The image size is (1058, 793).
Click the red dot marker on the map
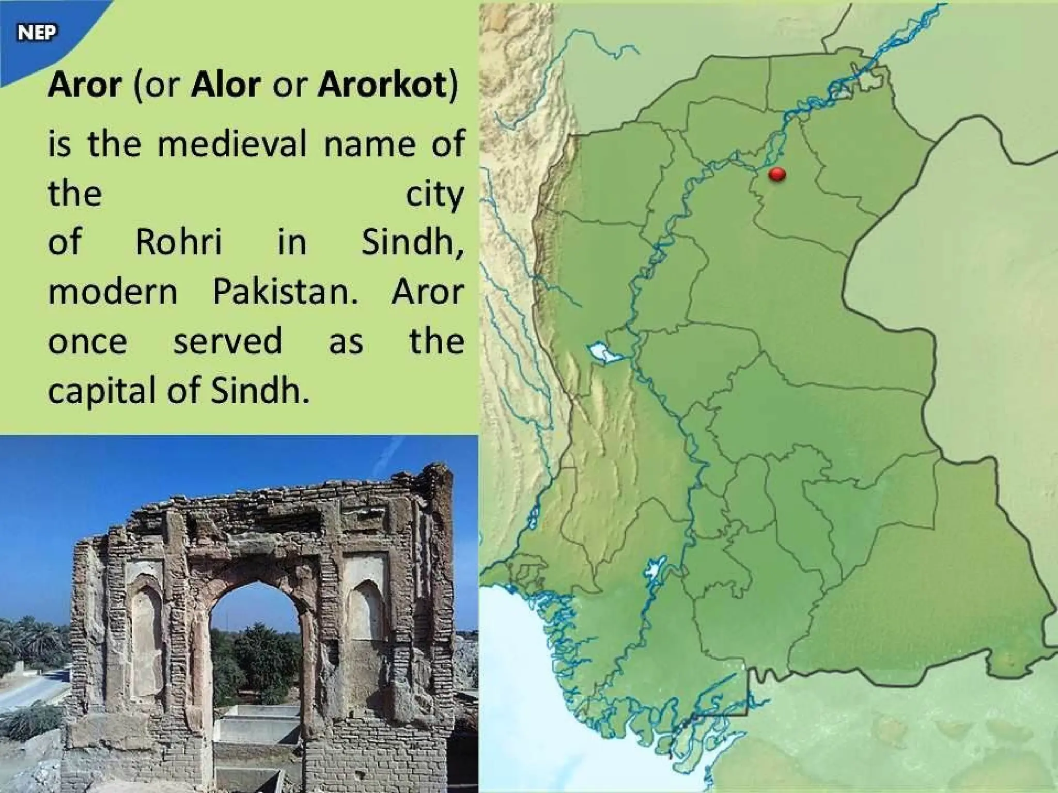click(777, 175)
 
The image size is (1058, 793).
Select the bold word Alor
click(225, 85)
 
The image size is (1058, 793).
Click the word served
click(228, 342)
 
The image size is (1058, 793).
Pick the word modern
click(113, 292)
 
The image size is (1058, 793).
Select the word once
click(87, 342)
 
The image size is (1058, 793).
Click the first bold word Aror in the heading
click(84, 85)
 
